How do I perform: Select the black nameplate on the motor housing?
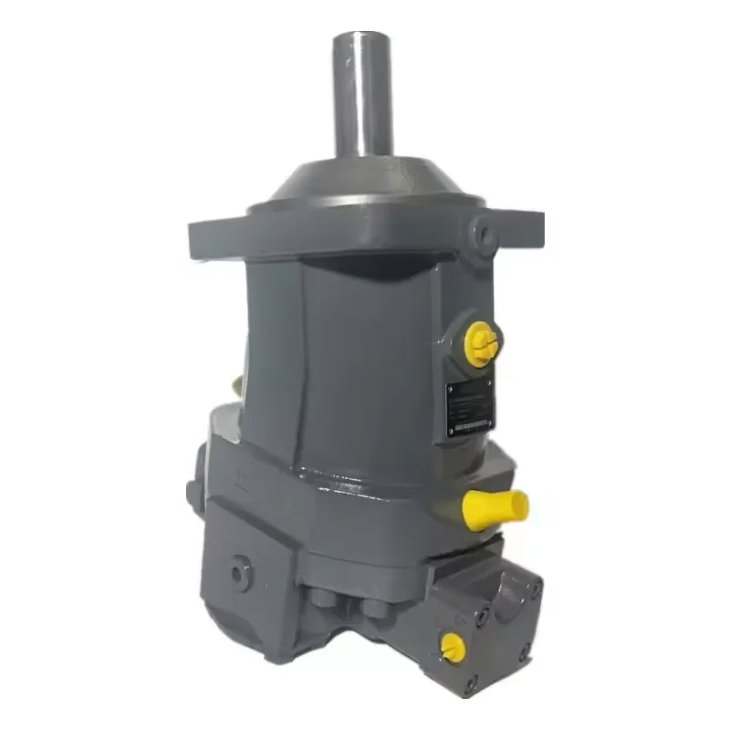(469, 407)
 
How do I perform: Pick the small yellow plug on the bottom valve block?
(452, 647)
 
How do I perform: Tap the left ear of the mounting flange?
(214, 235)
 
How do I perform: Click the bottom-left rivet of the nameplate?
(451, 430)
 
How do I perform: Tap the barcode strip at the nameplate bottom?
(471, 424)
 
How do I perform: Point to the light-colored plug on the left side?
(236, 387)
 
